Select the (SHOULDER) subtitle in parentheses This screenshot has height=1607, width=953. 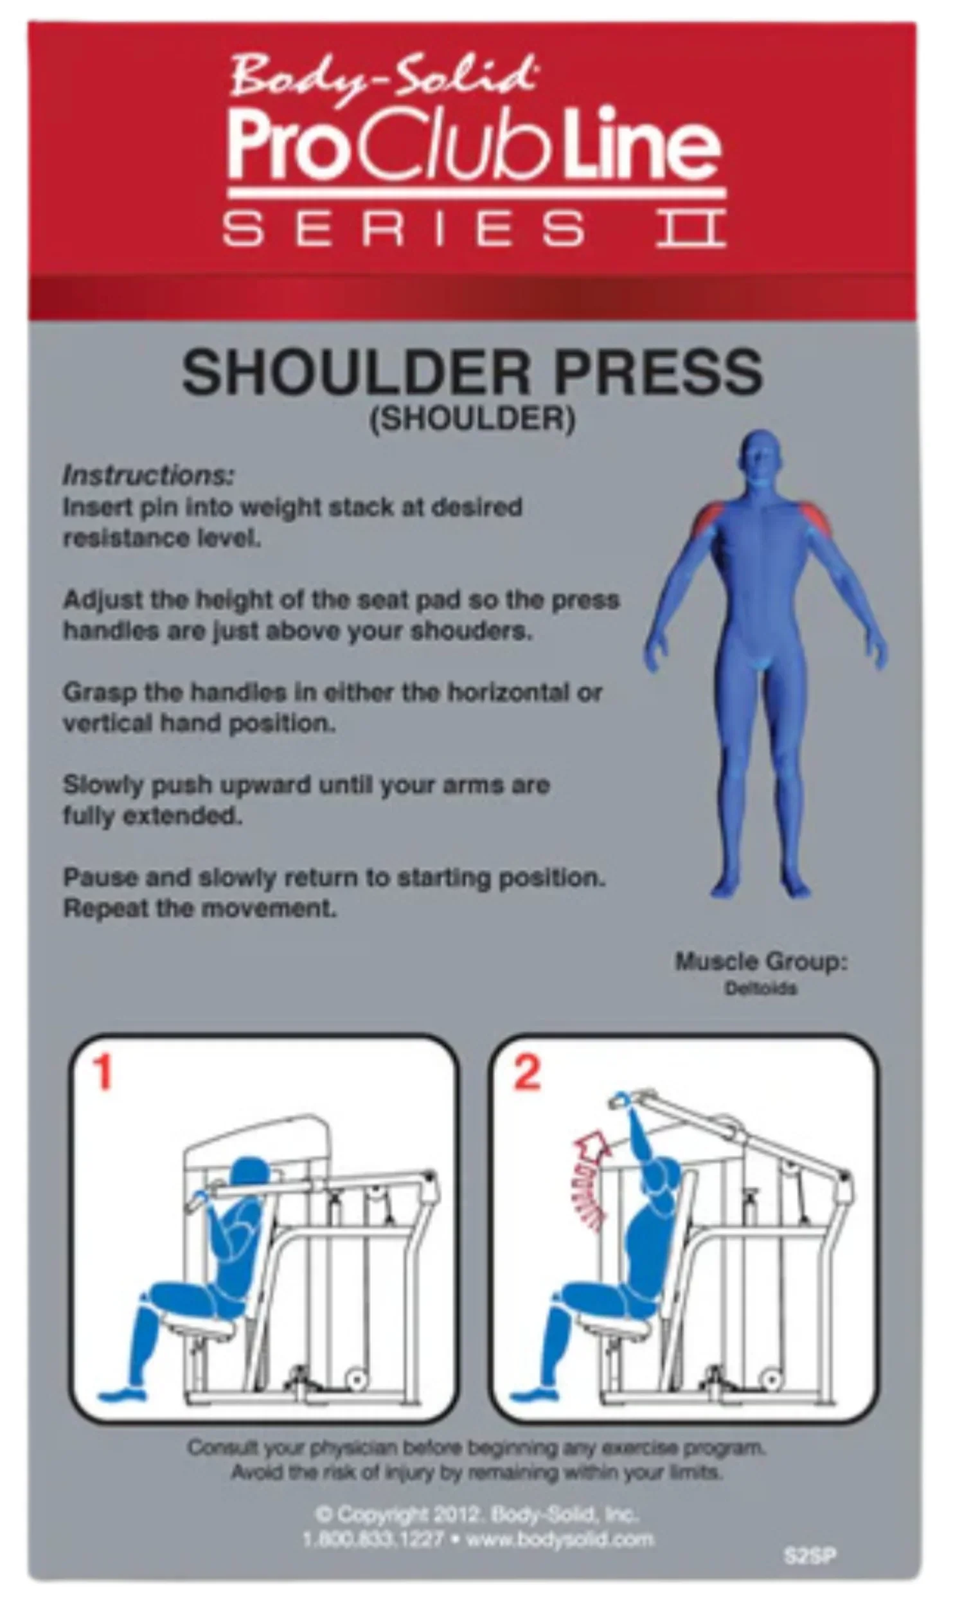coord(472,419)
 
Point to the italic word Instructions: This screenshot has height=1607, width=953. coord(148,476)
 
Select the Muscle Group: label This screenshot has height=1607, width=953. coord(762,962)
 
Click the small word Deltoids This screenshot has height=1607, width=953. coord(761,988)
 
